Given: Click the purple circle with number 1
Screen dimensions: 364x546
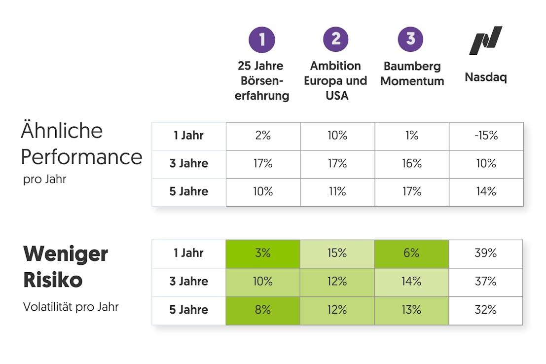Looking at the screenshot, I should [262, 39].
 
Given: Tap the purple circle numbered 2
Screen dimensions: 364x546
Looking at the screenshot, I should [336, 39].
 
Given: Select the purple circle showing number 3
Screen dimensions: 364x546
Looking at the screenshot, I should [410, 39].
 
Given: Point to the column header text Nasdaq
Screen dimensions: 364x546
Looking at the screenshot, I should [486, 77].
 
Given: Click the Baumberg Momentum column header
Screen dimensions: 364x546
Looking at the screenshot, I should [412, 73].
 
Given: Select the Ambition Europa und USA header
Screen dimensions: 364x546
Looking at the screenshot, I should [335, 80].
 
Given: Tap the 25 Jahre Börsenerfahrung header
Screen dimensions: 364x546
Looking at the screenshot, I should [261, 80].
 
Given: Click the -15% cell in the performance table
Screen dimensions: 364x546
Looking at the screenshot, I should [486, 136].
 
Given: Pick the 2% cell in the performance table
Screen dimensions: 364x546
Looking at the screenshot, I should [263, 136].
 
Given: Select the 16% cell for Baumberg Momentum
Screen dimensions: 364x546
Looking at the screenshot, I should [412, 164].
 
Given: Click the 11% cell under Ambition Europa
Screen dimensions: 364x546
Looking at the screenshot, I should [337, 191].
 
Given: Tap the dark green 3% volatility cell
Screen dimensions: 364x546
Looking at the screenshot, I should [263, 254].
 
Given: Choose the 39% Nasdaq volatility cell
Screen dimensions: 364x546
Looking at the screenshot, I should [486, 254].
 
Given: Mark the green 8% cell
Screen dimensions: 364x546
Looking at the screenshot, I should [263, 310].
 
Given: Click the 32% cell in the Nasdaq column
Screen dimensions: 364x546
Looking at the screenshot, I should [486, 310].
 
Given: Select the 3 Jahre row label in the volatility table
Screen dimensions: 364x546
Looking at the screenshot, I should [189, 282].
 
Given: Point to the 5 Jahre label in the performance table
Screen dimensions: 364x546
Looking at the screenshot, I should [189, 191].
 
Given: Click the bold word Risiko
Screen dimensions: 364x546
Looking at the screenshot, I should [53, 281].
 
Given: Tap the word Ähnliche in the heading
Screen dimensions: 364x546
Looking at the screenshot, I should [62, 131].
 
